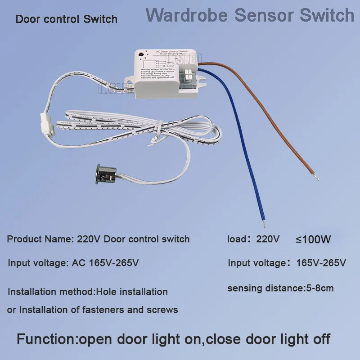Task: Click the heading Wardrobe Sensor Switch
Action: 250,15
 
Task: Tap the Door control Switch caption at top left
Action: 67,19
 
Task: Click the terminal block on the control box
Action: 188,74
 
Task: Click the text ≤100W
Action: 313,239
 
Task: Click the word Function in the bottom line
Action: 47,338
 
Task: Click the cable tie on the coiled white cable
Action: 156,135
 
